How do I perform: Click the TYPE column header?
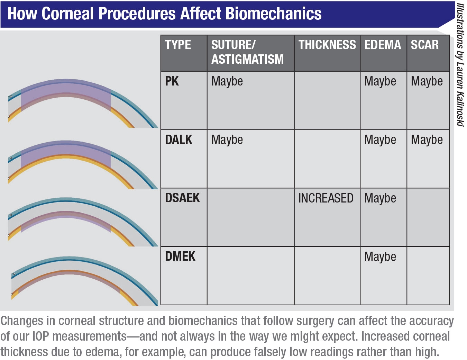(178, 45)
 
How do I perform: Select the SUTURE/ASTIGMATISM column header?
(247, 52)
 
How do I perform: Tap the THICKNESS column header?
(327, 45)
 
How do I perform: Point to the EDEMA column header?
(383, 45)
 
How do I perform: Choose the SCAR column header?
(424, 45)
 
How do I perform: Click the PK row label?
(172, 81)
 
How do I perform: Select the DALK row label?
(178, 140)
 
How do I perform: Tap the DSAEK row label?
(182, 198)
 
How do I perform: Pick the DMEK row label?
(180, 256)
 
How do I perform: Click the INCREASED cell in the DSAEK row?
(326, 198)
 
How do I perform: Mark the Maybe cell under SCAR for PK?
(427, 81)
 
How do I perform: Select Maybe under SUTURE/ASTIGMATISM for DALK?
(227, 140)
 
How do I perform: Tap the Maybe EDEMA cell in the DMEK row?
(380, 257)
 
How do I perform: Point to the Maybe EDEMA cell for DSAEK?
(380, 198)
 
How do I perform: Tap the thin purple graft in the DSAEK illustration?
(66, 216)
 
